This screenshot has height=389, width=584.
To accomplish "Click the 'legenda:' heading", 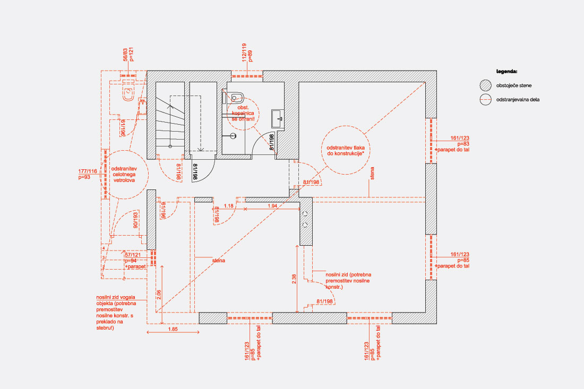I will tap(506, 71).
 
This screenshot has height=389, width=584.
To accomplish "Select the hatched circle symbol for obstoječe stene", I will tap(485, 85).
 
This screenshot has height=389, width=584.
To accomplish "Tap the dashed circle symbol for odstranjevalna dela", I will tap(485, 99).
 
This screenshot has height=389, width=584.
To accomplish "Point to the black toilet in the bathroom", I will tap(237, 97).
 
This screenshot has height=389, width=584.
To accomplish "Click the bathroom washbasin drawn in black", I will tap(278, 118).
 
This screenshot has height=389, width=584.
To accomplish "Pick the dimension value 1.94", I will tap(272, 205).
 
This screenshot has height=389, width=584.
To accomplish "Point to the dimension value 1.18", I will tap(229, 205).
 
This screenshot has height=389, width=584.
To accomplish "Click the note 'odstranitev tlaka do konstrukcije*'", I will tap(345, 150).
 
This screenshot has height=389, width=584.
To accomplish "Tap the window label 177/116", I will tap(88, 171).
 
